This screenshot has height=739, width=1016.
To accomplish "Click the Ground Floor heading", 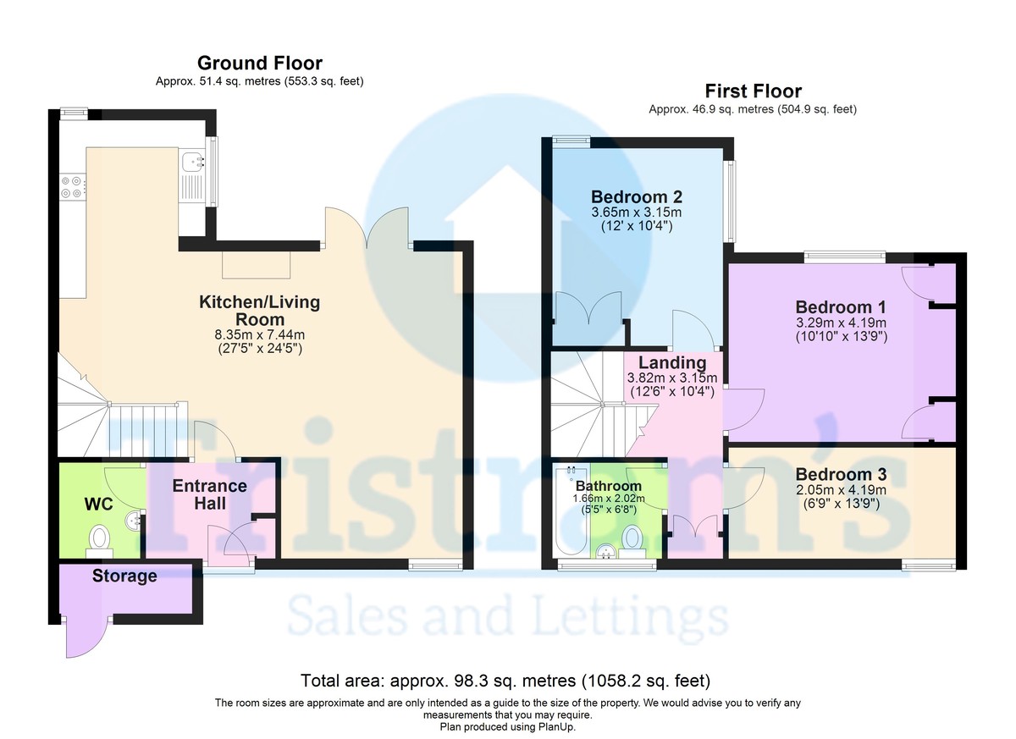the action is point(260,63).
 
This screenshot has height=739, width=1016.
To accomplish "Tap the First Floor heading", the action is point(753,91).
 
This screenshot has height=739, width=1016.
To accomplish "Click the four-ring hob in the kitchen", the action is point(72,187).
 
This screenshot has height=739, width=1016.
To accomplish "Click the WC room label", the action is point(98,505).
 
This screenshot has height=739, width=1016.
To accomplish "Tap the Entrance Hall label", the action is point(210,494).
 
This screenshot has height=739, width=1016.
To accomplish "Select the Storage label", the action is point(124,576).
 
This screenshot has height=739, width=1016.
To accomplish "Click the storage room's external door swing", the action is point(86,637).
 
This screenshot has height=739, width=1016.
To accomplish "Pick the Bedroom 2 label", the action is point(637,196).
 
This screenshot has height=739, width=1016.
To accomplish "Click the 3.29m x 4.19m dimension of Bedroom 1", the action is point(841,323).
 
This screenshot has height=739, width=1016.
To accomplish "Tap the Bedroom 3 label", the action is point(841,474).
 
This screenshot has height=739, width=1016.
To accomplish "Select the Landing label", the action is point(672,362).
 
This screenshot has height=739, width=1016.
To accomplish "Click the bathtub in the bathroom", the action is point(571,510).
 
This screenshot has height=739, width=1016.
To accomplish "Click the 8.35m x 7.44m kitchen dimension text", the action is point(259,335).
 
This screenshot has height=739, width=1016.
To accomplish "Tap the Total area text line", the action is point(505,681).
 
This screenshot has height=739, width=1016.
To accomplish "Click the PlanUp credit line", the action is point(507,727).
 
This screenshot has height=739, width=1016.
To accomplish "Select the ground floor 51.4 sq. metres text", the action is point(259,81).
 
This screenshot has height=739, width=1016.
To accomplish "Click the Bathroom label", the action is point(608,486).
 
